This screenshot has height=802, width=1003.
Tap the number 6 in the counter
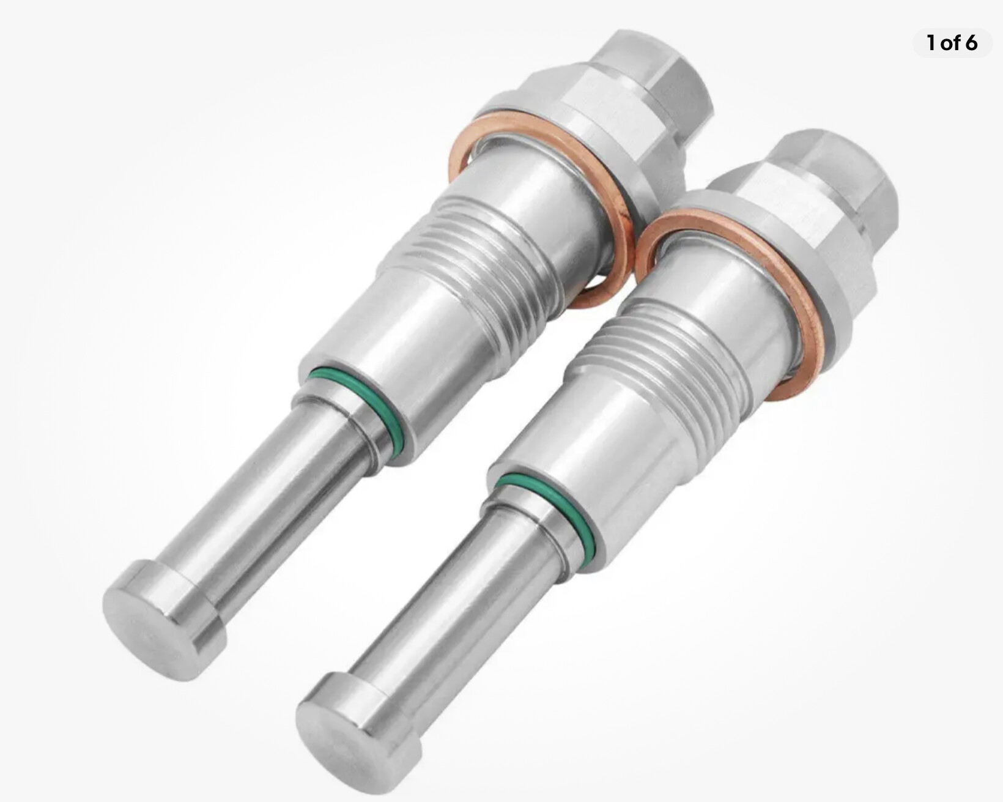[x=971, y=43]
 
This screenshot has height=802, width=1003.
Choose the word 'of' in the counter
[x=950, y=43]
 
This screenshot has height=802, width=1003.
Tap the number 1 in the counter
[x=931, y=43]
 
